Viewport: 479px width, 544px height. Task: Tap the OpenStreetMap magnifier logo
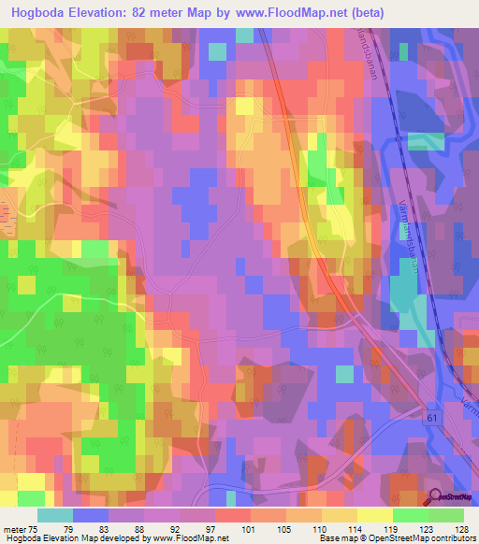(x=435, y=496)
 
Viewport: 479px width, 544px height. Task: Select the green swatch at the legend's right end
(x=445, y=515)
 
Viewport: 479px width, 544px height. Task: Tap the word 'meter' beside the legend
(x=14, y=531)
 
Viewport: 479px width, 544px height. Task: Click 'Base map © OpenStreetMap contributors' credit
(x=396, y=539)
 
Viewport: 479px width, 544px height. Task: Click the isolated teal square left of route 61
(x=345, y=373)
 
